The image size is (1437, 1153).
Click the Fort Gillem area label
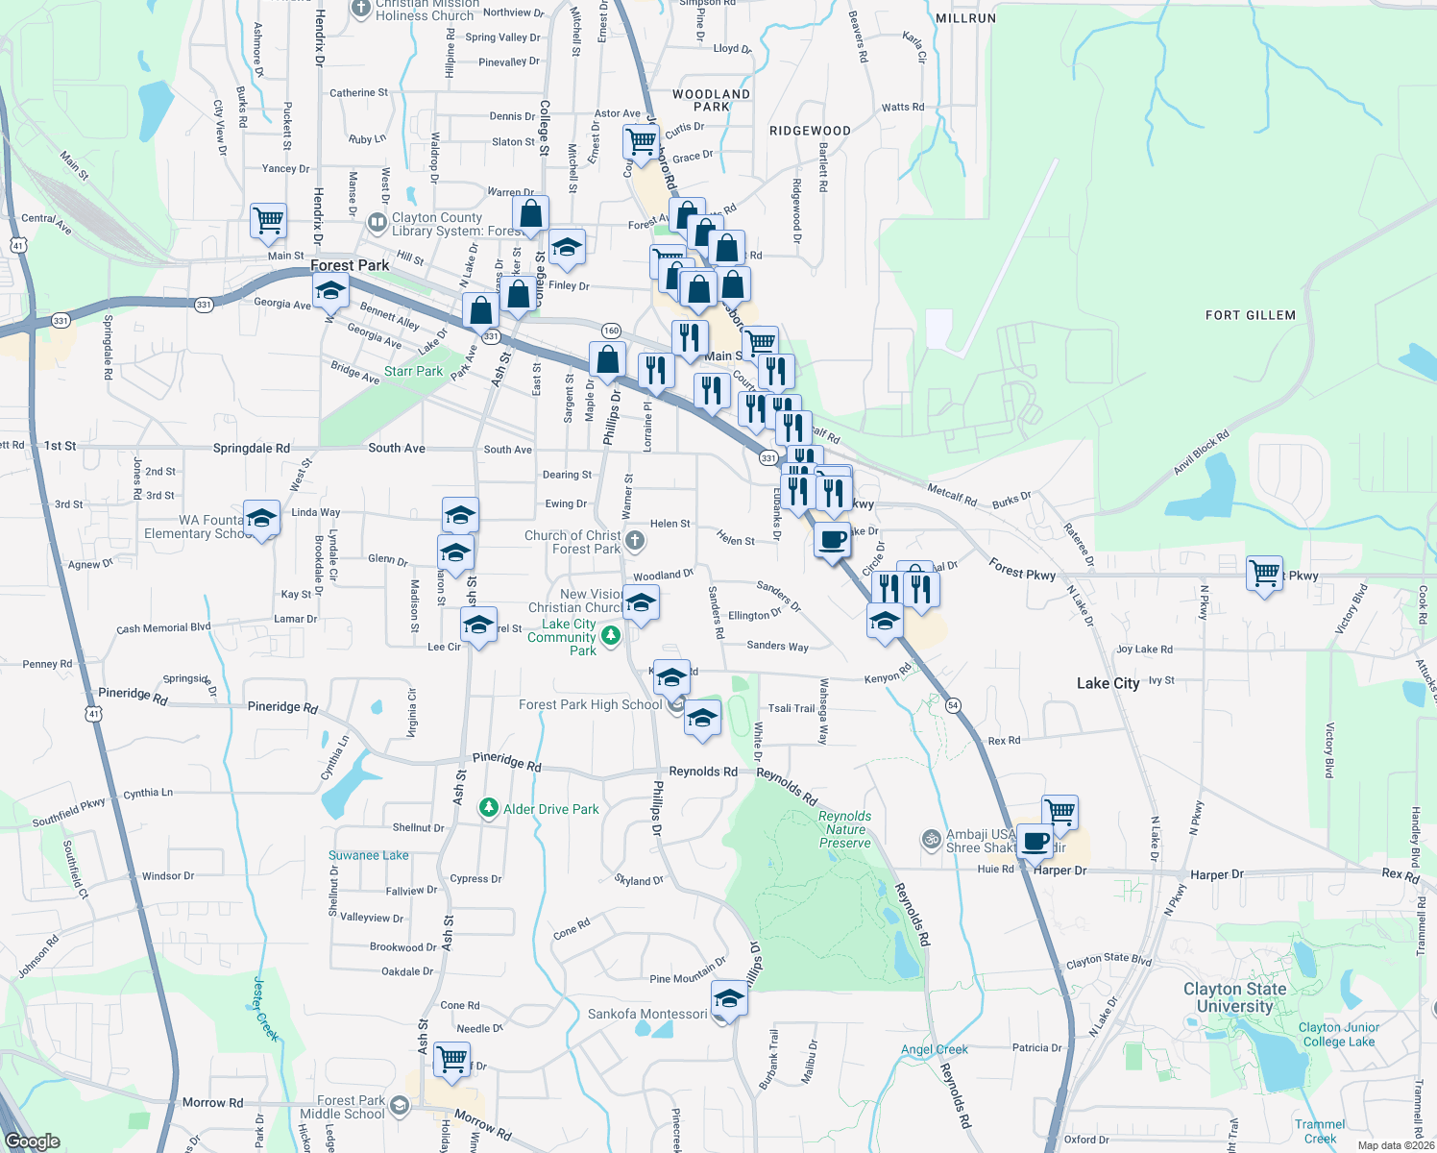click(1250, 315)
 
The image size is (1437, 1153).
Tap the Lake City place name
click(1108, 683)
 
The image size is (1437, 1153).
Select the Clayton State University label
click(1234, 997)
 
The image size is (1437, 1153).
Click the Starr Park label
click(413, 371)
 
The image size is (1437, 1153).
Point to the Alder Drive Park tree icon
click(489, 808)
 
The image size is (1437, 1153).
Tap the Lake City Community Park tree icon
click(610, 635)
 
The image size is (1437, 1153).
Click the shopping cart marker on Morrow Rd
click(451, 1059)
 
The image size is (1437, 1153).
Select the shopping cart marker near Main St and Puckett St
click(268, 220)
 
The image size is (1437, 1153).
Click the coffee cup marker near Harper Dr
click(1035, 843)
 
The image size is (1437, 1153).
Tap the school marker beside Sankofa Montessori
click(729, 999)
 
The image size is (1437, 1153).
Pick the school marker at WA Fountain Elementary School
click(261, 519)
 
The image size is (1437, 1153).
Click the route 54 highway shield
click(953, 705)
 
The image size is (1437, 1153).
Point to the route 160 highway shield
click(611, 331)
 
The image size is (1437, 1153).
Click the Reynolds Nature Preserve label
click(844, 829)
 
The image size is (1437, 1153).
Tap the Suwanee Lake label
click(368, 855)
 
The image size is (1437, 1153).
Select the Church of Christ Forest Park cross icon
click(635, 541)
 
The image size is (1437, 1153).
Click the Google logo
click(33, 1141)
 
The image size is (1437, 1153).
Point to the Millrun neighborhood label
click(965, 18)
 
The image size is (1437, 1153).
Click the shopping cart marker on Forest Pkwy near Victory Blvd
click(1265, 574)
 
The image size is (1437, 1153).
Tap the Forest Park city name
click(350, 265)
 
